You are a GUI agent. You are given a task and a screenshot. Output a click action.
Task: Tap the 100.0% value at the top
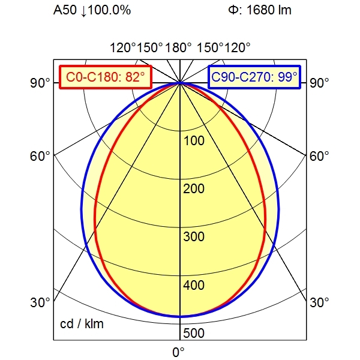pos(109,11)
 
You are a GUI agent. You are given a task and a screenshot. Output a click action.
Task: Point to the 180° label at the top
pos(179,47)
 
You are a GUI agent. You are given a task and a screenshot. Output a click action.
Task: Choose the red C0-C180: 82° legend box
pos(105,77)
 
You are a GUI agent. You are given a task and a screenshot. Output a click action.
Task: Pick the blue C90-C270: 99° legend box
pos(254,77)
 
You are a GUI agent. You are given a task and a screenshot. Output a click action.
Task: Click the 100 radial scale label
pos(194,141)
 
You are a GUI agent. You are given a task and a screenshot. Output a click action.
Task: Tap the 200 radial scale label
pos(194,189)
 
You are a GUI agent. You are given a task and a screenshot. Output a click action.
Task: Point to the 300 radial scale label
pos(194,237)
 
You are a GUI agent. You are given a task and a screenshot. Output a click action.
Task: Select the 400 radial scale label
pos(194,285)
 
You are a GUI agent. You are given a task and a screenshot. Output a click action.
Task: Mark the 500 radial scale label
pos(194,333)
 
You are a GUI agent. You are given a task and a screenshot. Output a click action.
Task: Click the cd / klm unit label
pos(82,325)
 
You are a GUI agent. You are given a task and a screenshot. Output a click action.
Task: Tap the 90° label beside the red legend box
pos(40,83)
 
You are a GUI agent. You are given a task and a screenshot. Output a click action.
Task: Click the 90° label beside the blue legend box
pos(320,83)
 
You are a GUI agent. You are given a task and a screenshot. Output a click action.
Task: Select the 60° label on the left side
pos(40,156)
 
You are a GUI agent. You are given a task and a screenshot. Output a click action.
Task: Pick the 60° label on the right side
pos(320,156)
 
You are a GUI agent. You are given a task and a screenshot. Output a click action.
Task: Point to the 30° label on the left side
pos(40,302)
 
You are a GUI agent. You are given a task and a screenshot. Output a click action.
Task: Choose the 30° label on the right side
pos(320,302)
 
